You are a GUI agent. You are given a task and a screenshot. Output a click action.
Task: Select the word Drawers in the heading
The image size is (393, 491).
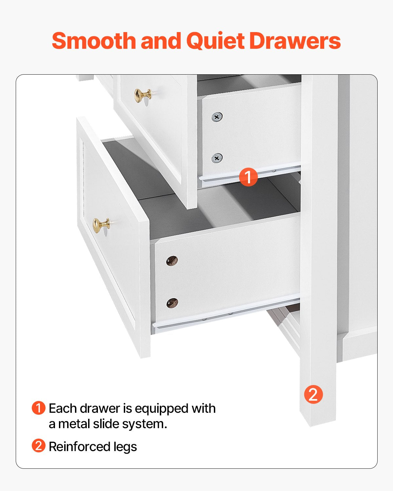[295, 41]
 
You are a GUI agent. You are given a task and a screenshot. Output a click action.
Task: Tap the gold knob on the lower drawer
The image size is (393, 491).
[101, 225]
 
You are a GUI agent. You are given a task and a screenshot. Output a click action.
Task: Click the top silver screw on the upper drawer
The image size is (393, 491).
[217, 117]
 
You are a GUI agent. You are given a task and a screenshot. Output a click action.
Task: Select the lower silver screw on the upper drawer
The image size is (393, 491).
[217, 158]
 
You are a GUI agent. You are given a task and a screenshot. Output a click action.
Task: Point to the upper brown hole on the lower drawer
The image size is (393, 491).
[172, 261]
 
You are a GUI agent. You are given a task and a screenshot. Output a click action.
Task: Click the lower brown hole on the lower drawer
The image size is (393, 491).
[172, 303]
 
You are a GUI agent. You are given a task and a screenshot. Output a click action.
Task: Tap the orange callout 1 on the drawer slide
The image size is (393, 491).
[248, 177]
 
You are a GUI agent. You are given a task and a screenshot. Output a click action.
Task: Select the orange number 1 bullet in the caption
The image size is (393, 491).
[38, 408]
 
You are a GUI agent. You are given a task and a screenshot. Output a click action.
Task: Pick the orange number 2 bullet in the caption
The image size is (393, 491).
[38, 446]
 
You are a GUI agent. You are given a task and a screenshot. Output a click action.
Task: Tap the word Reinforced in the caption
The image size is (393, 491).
[79, 446]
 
